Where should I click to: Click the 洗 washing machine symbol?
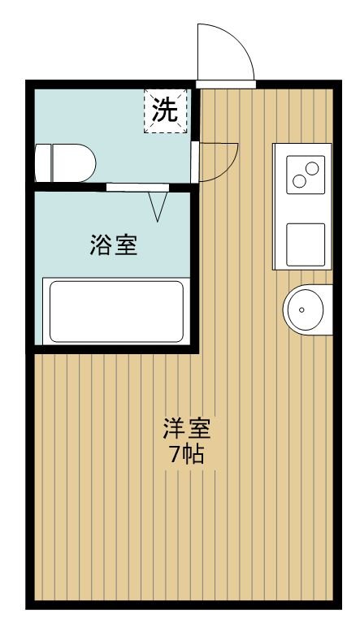[x=166, y=111]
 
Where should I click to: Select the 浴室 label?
[x=113, y=244]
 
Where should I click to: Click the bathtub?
[x=115, y=311]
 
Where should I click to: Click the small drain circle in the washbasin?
[x=301, y=309]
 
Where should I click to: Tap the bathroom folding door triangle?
[x=158, y=206]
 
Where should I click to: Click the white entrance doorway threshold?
[x=226, y=83]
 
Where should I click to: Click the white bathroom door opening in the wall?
[x=137, y=188]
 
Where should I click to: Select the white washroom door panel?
[x=195, y=162]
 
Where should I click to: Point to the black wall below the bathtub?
[x=114, y=349]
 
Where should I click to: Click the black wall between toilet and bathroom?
[x=69, y=188]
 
